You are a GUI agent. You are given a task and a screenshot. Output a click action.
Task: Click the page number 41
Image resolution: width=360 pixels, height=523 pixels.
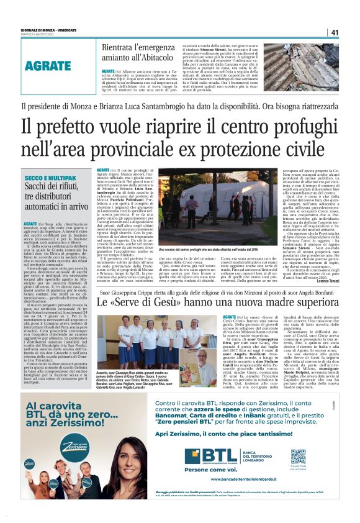click(335, 32)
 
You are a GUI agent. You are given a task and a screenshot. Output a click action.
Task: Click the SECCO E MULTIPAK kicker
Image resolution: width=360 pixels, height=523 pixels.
click(50, 178)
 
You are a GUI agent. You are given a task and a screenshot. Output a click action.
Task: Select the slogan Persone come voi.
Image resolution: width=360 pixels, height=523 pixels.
click(205, 470)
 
